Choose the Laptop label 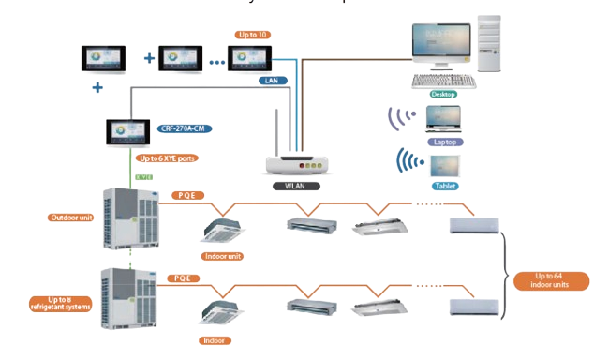tap(444, 142)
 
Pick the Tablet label tap(445, 186)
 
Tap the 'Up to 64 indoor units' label tap(550, 280)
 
